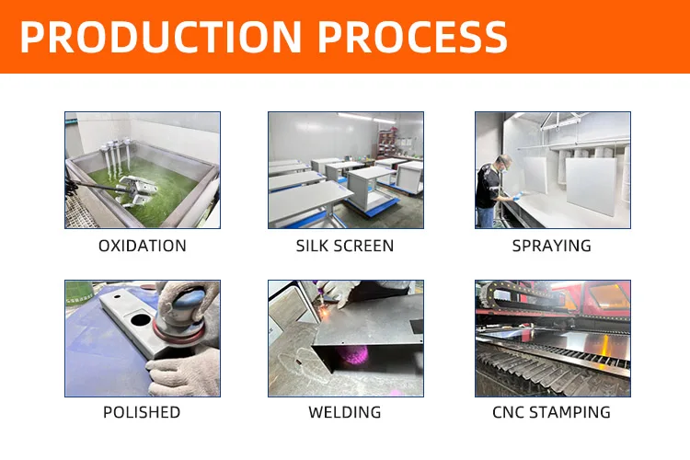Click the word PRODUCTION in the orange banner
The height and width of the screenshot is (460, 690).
pos(161,37)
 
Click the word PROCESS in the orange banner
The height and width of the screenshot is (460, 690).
pos(413,37)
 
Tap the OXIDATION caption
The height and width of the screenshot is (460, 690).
pos(142,246)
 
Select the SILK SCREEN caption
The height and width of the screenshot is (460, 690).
pos(345,246)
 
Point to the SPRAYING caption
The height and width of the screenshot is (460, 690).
pos(551,246)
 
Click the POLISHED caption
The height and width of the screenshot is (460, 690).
pos(142,412)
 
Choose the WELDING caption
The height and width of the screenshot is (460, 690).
pos(345,412)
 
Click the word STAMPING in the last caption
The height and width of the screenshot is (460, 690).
pos(569,412)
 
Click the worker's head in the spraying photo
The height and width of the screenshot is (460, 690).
pos(503,162)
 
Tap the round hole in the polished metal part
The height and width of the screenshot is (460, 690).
pos(141,318)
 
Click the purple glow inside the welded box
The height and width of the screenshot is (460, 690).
pos(353,355)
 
